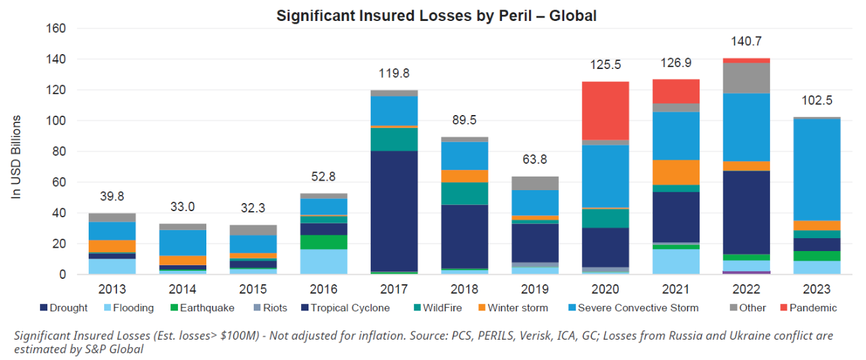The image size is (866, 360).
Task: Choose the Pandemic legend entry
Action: (x=809, y=308)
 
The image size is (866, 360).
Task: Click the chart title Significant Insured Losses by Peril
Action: (x=436, y=15)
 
